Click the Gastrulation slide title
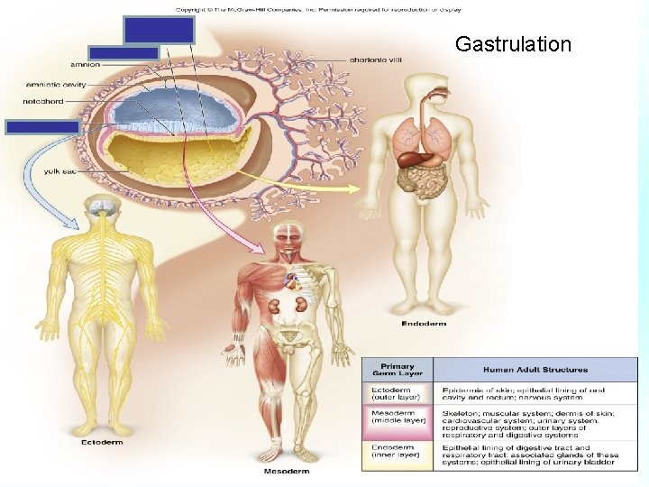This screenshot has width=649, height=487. click(513, 44)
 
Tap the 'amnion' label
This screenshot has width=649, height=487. click(85, 65)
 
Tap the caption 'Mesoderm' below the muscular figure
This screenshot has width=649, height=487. click(287, 471)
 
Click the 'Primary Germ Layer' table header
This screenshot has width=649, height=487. click(397, 370)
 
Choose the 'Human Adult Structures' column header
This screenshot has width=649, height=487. click(535, 370)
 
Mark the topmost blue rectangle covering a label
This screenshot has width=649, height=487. click(160, 31)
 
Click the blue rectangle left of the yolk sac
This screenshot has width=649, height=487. click(42, 126)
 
